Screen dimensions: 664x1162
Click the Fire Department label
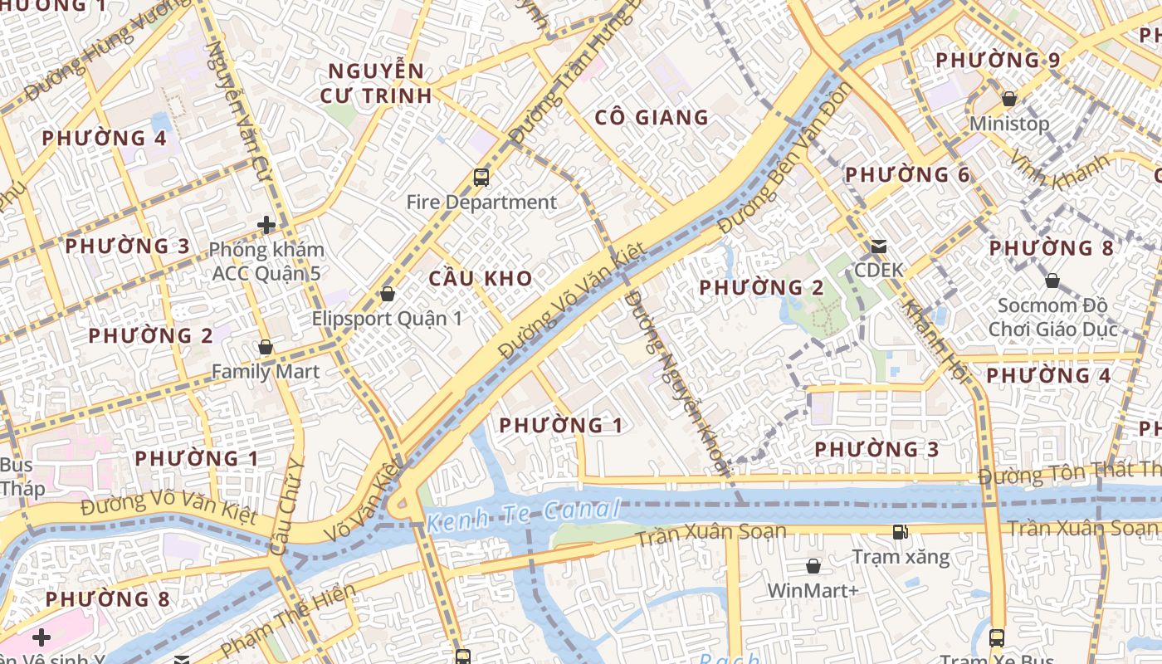pyautogui.click(x=481, y=202)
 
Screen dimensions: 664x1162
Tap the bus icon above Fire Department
pyautogui.click(x=481, y=177)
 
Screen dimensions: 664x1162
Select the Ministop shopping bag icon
pyautogui.click(x=1009, y=99)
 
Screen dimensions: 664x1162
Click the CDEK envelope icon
pyautogui.click(x=878, y=247)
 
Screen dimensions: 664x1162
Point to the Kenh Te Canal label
pyautogui.click(x=524, y=516)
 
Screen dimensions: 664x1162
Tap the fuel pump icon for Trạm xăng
pyautogui.click(x=900, y=532)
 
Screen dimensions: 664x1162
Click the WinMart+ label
pyautogui.click(x=813, y=590)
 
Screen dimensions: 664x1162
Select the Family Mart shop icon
pyautogui.click(x=266, y=347)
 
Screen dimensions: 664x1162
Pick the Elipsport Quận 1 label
pyautogui.click(x=387, y=318)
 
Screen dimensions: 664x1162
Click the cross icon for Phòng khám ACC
pyautogui.click(x=266, y=225)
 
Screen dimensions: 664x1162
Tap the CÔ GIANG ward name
pyautogui.click(x=652, y=118)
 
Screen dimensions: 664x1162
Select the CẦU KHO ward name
pyautogui.click(x=481, y=278)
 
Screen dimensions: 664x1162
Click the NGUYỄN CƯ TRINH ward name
pyautogui.click(x=376, y=83)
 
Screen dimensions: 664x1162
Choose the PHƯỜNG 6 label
pyautogui.click(x=907, y=174)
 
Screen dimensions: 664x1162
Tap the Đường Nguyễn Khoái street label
pyautogui.click(x=677, y=382)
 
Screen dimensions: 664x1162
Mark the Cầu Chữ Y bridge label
pyautogui.click(x=288, y=506)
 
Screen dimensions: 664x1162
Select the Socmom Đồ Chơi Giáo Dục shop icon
pyautogui.click(x=1052, y=281)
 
